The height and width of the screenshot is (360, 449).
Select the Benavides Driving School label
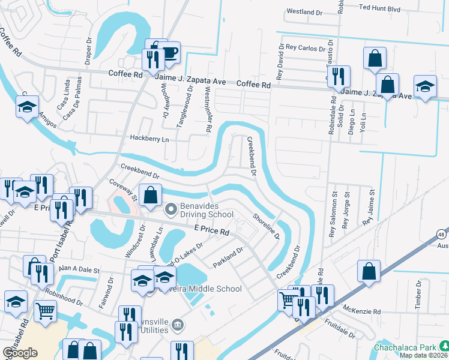(206, 214)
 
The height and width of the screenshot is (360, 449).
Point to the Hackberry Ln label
(149, 138)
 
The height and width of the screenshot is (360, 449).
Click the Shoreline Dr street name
(266, 226)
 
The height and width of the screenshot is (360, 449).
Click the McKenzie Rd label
(362, 311)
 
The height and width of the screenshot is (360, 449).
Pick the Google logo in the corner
(20, 353)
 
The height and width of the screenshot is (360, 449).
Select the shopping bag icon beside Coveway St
(151, 194)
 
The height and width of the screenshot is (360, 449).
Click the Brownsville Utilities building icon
(177, 325)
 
